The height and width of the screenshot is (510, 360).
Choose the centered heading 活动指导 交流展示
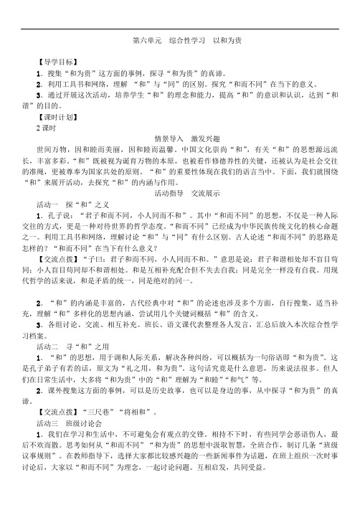(x=179, y=194)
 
